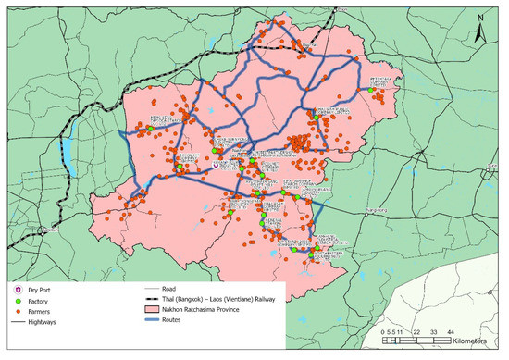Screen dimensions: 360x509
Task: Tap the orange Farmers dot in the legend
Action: point(16,314)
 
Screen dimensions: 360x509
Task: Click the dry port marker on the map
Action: point(217,167)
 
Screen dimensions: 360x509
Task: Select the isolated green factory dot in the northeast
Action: point(374,91)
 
